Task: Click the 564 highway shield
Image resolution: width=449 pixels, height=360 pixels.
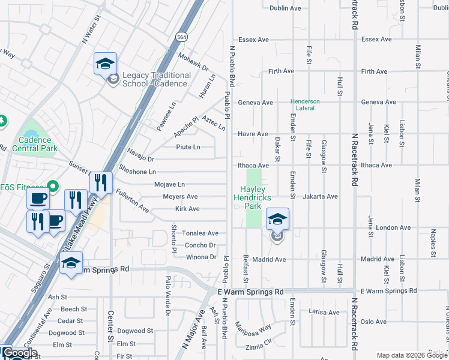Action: [181, 37]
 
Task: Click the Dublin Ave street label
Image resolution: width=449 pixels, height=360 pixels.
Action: [285, 8]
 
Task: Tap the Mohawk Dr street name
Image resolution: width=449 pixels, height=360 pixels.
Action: [192, 61]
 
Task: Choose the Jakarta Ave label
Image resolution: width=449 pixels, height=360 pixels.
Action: [321, 196]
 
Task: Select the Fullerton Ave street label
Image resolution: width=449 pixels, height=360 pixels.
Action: [132, 201]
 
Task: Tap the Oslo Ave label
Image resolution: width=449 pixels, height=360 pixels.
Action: [373, 322]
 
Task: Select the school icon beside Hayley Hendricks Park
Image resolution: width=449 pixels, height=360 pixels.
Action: [277, 220]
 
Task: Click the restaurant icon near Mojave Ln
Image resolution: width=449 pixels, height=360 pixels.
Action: [101, 182]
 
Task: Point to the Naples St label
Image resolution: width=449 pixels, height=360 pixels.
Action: [432, 242]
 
